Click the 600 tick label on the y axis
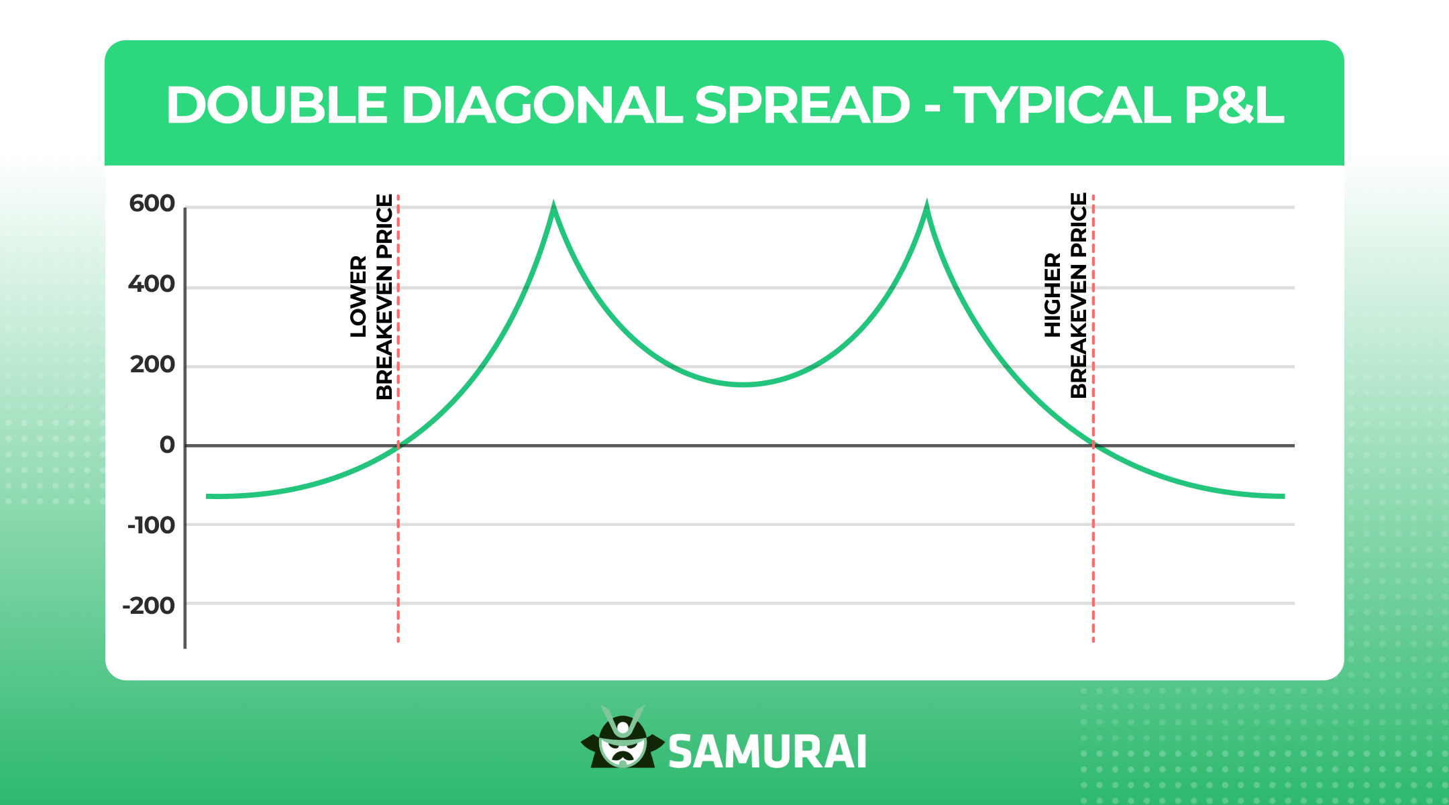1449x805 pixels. point(152,203)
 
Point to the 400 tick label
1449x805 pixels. point(152,284)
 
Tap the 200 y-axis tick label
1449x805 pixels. point(152,365)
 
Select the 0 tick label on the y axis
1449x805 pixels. point(167,445)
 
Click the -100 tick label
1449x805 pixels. point(151,525)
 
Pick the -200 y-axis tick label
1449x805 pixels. point(148,606)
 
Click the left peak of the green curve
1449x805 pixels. point(553,204)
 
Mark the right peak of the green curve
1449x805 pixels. point(926,204)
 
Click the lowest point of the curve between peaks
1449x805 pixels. point(743,384)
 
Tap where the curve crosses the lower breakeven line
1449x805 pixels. point(398,445)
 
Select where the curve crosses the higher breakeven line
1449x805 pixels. point(1093,445)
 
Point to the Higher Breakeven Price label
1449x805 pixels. point(1065,295)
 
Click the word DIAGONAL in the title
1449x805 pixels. point(542,105)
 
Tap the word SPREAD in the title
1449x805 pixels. point(802,105)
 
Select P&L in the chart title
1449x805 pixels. point(1234,105)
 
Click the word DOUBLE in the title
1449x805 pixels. point(277,105)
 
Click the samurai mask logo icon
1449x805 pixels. point(623,737)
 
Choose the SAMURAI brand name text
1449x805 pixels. point(767,751)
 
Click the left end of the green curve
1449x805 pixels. point(207,496)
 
